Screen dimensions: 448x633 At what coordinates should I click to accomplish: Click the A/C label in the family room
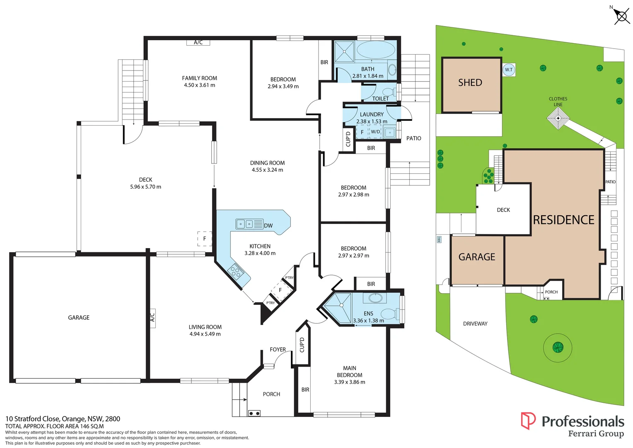tap(198, 42)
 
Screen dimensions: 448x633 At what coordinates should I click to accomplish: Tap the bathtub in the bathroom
tap(376, 50)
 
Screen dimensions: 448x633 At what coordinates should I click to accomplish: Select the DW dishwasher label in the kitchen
tap(268, 226)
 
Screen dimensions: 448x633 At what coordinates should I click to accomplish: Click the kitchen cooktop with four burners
tap(236, 272)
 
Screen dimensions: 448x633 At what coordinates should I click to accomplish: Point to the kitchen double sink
tap(245, 224)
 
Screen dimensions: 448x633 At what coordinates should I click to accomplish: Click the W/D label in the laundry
tap(375, 132)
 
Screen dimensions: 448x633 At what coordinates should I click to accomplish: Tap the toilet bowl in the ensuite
tap(388, 314)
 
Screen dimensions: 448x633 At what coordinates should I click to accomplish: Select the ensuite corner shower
tap(338, 307)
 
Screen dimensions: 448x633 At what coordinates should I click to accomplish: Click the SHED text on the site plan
tap(470, 83)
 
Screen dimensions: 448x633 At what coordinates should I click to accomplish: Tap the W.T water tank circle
tap(509, 70)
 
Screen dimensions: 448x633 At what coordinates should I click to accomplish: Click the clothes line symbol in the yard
tap(558, 119)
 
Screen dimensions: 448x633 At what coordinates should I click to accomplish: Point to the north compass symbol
tap(621, 16)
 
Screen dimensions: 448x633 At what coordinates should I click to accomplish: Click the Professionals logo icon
tap(528, 421)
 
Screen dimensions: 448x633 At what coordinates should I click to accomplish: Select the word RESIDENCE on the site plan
tap(563, 220)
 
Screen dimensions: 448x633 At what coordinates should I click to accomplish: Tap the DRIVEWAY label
tap(475, 324)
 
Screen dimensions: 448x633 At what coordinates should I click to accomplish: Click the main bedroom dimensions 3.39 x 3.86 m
tap(350, 382)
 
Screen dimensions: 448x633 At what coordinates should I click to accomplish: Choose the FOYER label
tap(278, 350)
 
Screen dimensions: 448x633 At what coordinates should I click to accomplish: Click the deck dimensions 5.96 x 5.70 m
tap(145, 187)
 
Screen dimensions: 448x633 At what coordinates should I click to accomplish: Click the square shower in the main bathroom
tap(344, 51)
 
